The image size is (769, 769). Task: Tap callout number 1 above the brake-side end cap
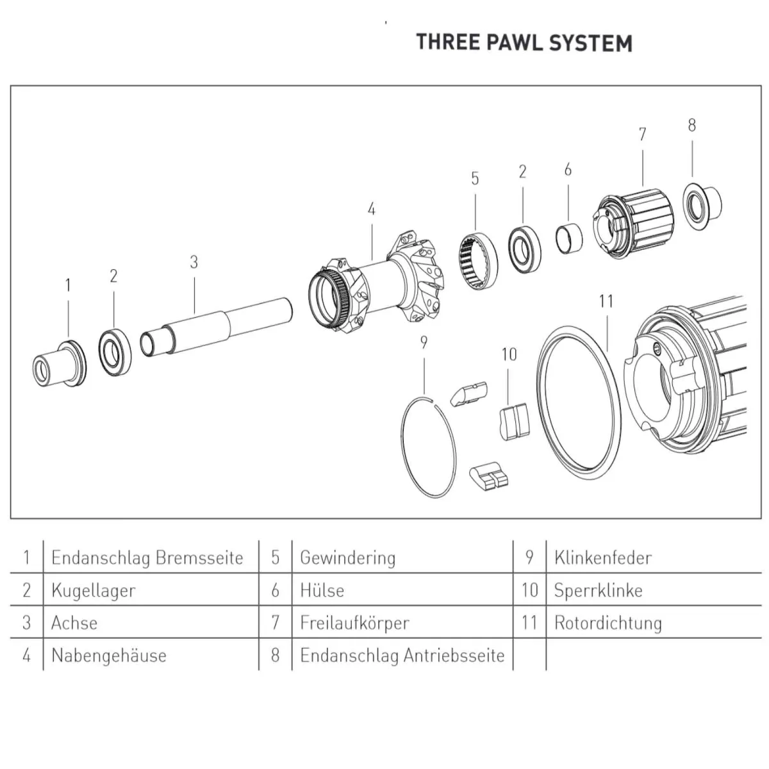click(x=68, y=286)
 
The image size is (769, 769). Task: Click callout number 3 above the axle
click(x=194, y=262)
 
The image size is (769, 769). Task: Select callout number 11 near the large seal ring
click(x=606, y=301)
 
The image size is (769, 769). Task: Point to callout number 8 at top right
click(x=691, y=126)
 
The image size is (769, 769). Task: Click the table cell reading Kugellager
click(x=94, y=590)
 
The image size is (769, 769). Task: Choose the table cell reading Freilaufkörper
click(x=354, y=623)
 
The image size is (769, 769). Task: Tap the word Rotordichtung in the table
click(x=608, y=623)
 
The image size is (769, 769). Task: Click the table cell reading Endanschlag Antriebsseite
click(x=402, y=656)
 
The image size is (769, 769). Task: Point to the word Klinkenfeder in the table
click(x=602, y=558)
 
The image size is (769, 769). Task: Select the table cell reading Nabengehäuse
click(x=109, y=656)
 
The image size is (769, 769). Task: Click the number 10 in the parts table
click(x=529, y=590)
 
